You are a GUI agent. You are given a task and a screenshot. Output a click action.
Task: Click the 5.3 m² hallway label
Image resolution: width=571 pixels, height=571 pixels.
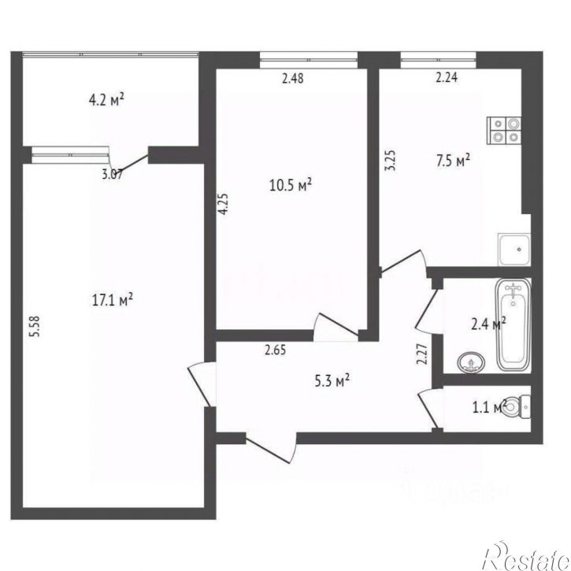(x=331, y=382)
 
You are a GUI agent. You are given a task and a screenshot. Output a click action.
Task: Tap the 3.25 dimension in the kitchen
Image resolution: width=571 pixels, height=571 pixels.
(x=387, y=162)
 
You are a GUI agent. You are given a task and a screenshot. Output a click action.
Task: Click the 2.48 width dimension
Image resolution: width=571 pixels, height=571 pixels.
(x=293, y=77)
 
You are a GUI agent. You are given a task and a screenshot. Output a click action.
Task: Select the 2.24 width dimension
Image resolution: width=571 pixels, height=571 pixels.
(x=447, y=77)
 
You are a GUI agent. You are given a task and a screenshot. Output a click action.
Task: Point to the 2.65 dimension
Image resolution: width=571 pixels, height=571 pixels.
(x=274, y=351)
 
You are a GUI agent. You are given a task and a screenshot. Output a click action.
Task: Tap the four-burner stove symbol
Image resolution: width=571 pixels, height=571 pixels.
(x=505, y=129)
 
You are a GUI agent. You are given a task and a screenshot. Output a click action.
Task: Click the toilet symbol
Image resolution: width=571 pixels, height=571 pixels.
(x=517, y=406)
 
